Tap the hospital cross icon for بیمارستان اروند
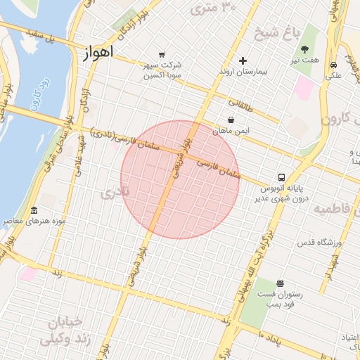[x=243, y=60]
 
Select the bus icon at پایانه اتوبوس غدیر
[x=281, y=177]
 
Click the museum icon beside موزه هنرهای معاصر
[x=34, y=211]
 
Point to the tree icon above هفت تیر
[x=305, y=49]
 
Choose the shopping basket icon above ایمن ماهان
[x=231, y=120]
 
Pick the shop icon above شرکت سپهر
[x=162, y=54]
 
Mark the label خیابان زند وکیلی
[x=67, y=331]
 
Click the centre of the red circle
[x=180, y=180]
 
